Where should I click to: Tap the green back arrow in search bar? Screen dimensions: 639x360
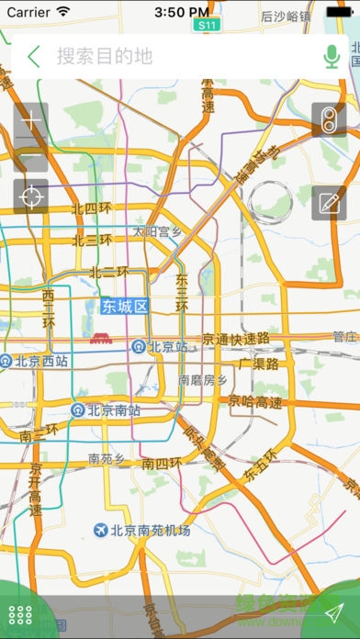tap(34, 56)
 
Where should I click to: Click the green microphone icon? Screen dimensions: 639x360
tap(332, 56)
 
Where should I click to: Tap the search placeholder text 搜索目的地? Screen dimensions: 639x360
tap(105, 56)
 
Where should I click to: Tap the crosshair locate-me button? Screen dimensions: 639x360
tap(31, 196)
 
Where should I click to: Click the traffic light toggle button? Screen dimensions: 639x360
tap(328, 119)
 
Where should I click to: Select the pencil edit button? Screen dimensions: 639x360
tap(328, 203)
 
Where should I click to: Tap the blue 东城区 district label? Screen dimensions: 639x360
tap(125, 306)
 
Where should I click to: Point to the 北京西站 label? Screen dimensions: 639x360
tap(35, 361)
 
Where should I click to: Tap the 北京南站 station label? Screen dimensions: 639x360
tap(107, 409)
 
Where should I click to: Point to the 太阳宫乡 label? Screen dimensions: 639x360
tap(157, 231)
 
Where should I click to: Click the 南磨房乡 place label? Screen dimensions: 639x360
tap(202, 379)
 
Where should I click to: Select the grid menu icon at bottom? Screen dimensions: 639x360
tap(19, 616)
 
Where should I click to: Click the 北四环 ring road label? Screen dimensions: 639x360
tap(91, 208)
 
